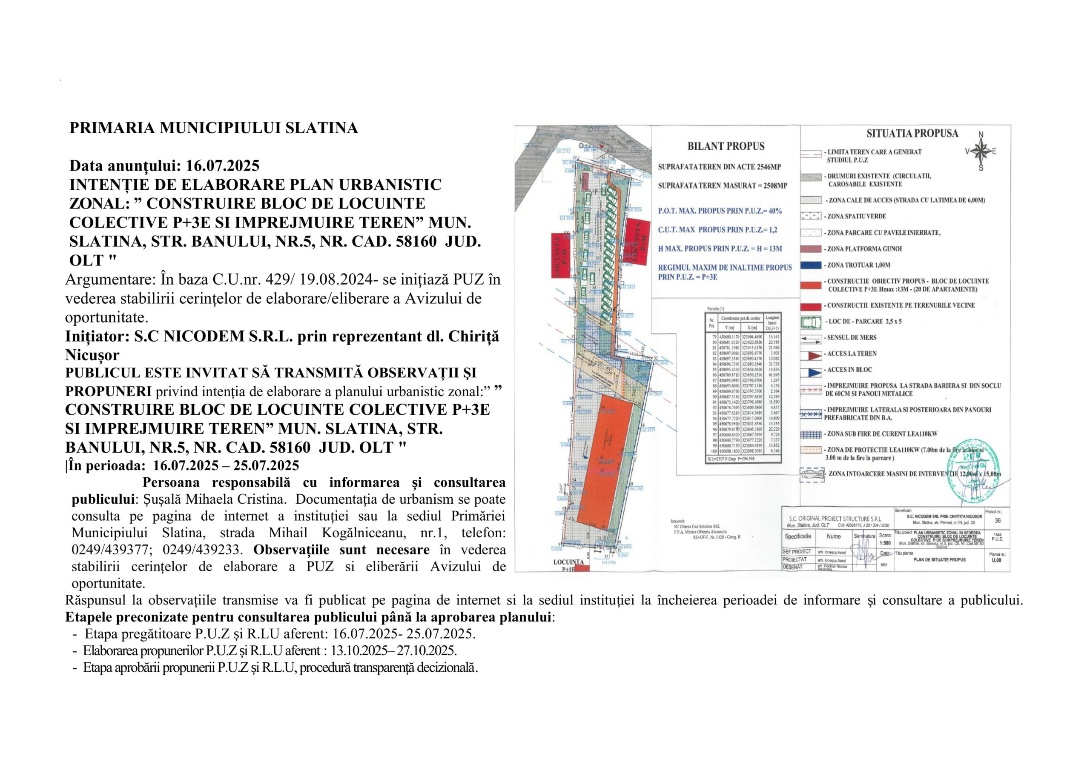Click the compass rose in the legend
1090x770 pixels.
click(x=981, y=151)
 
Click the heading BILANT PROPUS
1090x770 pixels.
click(x=726, y=146)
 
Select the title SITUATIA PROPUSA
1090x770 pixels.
click(x=912, y=133)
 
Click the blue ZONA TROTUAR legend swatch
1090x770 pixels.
click(x=811, y=265)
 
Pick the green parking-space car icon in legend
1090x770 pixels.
click(x=811, y=322)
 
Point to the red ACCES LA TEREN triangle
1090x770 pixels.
click(x=814, y=355)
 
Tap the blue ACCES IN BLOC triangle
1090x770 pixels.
click(x=814, y=371)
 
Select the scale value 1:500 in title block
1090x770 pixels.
click(x=885, y=543)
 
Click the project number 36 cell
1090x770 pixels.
click(x=998, y=520)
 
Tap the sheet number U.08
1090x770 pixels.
click(x=996, y=560)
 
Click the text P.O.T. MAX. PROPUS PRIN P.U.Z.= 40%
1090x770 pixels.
click(x=719, y=211)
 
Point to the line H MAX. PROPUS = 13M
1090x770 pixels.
click(x=720, y=248)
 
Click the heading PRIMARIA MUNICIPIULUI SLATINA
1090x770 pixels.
click(x=214, y=128)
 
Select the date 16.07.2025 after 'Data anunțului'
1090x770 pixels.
click(x=223, y=165)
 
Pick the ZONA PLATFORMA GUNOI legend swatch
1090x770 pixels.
click(x=811, y=249)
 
